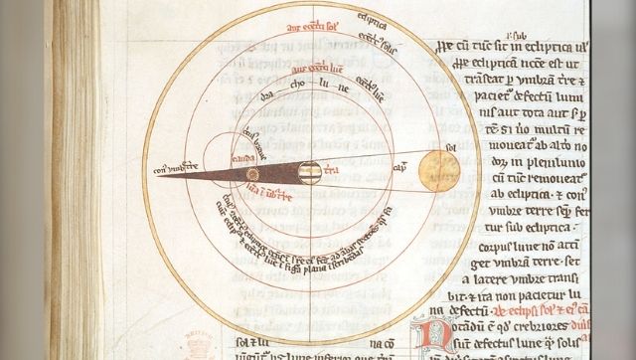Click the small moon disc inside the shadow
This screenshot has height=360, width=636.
click(x=252, y=174)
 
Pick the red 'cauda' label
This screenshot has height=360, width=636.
click(x=244, y=158)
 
